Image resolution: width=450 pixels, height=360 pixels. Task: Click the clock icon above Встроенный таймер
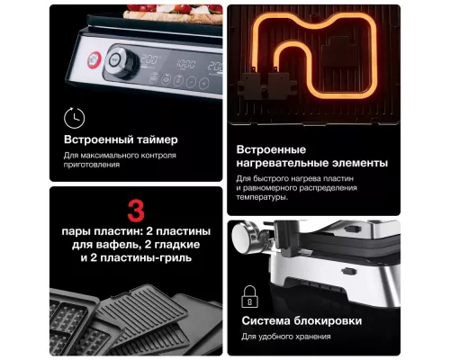[x=74, y=117]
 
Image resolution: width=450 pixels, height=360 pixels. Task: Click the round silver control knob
[x=117, y=60]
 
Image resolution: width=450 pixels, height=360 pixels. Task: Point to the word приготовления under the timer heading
[x=91, y=166]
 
